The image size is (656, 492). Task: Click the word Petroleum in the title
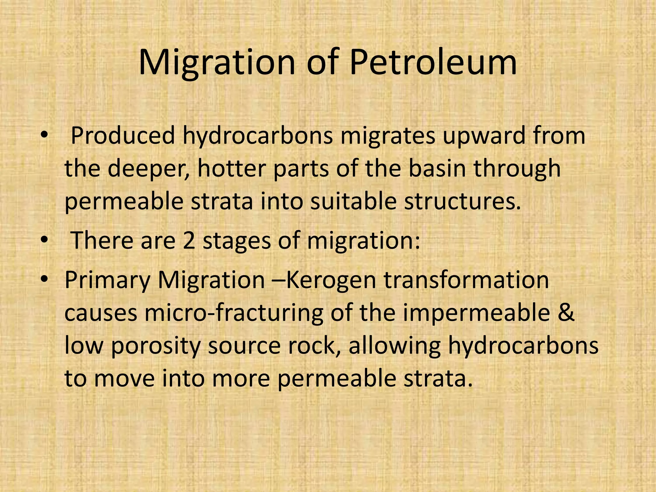(x=433, y=62)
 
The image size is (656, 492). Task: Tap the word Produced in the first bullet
(x=123, y=135)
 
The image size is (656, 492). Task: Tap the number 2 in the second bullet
(x=189, y=241)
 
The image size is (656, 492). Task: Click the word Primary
(x=107, y=281)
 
